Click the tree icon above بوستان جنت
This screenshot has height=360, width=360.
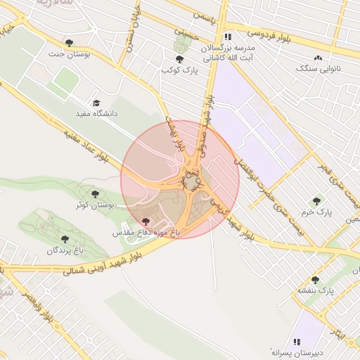click(68, 43)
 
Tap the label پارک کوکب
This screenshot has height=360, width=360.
click(177, 70)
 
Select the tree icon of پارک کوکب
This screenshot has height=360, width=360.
click(179, 60)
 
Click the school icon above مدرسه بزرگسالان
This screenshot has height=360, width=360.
click(227, 37)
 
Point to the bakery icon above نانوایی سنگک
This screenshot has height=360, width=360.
click(319, 58)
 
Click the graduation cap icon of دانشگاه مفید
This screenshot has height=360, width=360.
click(96, 103)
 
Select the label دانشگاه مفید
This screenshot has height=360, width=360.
click(97, 112)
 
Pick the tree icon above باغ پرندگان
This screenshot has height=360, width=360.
click(65, 239)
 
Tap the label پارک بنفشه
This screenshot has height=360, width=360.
click(314, 290)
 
